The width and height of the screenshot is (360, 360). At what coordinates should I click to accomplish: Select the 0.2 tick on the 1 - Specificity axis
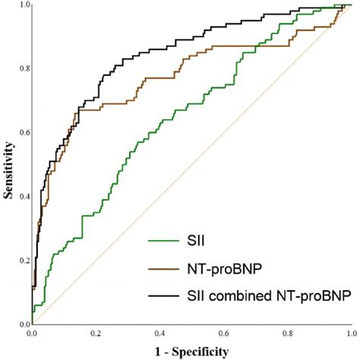pyautogui.click(x=96, y=333)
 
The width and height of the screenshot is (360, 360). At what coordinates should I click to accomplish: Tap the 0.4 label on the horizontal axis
pyautogui.click(x=159, y=333)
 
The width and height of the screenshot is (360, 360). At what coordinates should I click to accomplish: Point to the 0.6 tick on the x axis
pyautogui.click(x=223, y=333)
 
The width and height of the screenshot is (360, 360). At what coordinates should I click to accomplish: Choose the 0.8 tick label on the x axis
pyautogui.click(x=286, y=333)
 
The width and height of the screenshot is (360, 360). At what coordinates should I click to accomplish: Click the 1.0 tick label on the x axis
pyautogui.click(x=349, y=333)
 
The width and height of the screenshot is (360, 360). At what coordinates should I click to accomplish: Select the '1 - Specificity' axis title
pyautogui.click(x=190, y=351)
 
